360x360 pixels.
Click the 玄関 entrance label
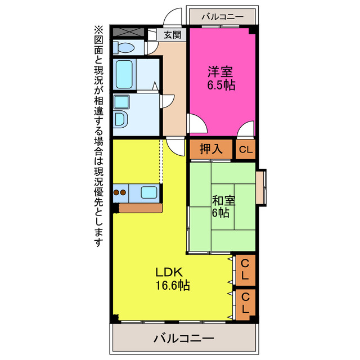pyautogui.click(x=173, y=35)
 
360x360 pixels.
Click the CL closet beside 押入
pyautogui.click(x=246, y=150)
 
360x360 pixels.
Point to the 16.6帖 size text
pyautogui.click(x=173, y=286)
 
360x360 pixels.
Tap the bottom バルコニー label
pyautogui.click(x=183, y=339)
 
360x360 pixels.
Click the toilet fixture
pyautogui.click(x=124, y=47)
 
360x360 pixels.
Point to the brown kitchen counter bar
pyautogui.click(x=141, y=208)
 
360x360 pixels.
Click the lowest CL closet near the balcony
pyautogui.click(x=246, y=304)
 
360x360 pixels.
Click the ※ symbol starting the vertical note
pyautogui.click(x=98, y=30)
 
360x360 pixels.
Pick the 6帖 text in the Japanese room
pyautogui.click(x=220, y=213)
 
